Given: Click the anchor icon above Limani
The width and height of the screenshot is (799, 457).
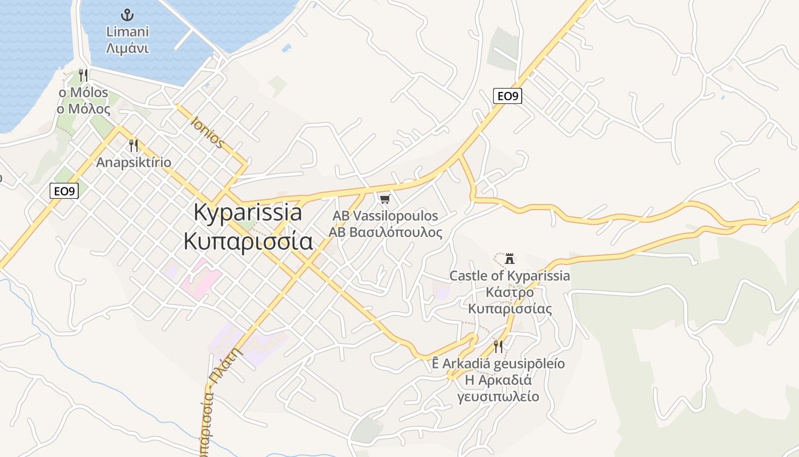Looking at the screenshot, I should click(x=128, y=15).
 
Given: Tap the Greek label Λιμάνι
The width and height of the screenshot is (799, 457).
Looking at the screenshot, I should click(x=128, y=48).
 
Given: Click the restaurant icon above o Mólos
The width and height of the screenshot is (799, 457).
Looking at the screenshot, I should click(x=83, y=75).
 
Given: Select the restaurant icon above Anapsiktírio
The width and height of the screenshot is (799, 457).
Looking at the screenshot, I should click(x=134, y=145).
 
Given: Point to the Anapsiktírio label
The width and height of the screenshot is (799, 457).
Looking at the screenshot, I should click(x=134, y=162).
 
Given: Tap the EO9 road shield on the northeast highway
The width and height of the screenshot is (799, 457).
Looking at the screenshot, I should click(x=507, y=96).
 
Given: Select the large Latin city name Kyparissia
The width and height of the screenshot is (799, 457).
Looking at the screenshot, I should click(x=248, y=213).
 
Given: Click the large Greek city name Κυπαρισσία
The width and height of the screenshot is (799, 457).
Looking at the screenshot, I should click(x=248, y=241).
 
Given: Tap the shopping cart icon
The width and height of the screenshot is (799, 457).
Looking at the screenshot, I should click(x=385, y=199).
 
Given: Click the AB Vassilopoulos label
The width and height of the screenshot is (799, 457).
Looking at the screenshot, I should click(x=385, y=216).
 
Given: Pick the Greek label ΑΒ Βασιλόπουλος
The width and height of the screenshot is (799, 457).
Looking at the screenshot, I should click(x=385, y=232).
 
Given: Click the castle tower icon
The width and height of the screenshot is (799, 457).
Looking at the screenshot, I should click(x=510, y=258).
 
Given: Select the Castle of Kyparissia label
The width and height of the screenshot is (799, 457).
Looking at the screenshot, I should click(x=510, y=276).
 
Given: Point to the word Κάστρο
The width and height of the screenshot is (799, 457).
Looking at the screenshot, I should click(x=510, y=292).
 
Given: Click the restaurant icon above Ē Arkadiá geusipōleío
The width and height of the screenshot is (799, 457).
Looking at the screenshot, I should click(x=498, y=346).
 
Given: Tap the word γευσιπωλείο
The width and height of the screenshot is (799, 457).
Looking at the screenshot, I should click(x=498, y=396).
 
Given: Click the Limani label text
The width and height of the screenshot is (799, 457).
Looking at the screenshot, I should click(x=128, y=32).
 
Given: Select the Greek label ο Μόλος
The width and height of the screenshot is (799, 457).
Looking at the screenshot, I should click(x=83, y=109).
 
